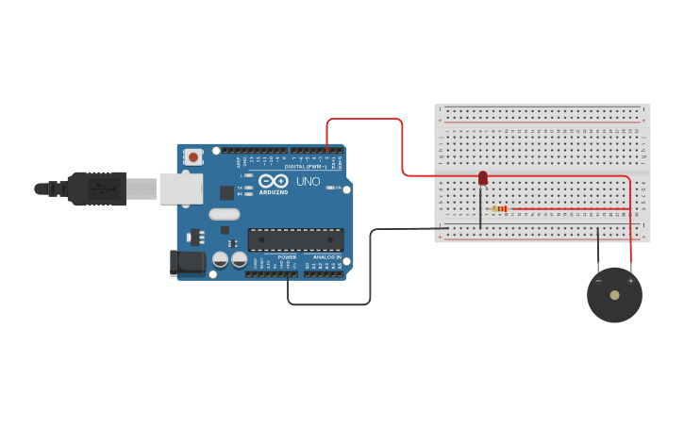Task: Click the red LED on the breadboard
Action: [x=483, y=178]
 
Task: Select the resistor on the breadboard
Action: [x=500, y=208]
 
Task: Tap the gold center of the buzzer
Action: [x=615, y=295]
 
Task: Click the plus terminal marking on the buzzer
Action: [x=631, y=280]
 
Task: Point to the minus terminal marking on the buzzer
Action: [x=598, y=280]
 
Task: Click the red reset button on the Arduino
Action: [x=193, y=156]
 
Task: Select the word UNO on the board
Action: [x=309, y=181]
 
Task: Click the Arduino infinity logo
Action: [x=274, y=181]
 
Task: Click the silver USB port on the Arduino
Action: [x=180, y=189]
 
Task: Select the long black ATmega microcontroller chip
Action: [x=295, y=239]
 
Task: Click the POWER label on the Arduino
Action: [x=287, y=257]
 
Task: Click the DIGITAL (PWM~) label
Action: [x=306, y=167]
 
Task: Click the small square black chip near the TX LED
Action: [x=226, y=192]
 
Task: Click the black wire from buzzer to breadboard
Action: [x=597, y=249]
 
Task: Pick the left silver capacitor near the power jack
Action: [x=221, y=258]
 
